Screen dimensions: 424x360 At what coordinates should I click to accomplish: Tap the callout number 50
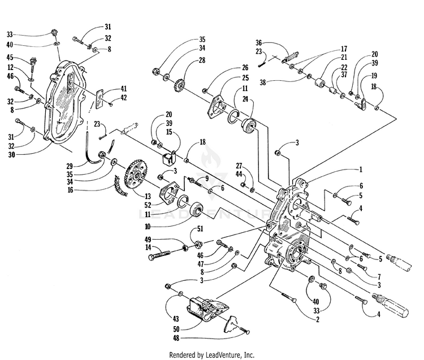tap(176, 329)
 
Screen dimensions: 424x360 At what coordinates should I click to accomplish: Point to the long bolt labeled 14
tap(159, 254)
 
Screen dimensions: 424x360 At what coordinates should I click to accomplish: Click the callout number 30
tap(12, 155)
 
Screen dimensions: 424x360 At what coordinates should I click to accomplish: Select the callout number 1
tap(361, 170)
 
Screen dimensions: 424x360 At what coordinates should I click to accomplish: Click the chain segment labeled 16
tap(120, 185)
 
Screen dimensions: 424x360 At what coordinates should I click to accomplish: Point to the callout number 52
tap(148, 205)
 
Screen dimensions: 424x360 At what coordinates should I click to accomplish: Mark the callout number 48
tap(176, 338)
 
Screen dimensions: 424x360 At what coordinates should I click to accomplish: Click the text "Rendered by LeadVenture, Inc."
tap(212, 354)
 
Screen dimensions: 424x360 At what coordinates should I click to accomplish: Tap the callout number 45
tap(10, 58)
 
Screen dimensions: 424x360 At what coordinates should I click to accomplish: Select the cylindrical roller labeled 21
tap(319, 82)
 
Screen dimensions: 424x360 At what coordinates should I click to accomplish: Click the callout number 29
tap(70, 166)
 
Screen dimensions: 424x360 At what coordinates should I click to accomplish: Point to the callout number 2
tap(318, 319)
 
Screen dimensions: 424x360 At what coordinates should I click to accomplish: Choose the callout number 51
tap(200, 229)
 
